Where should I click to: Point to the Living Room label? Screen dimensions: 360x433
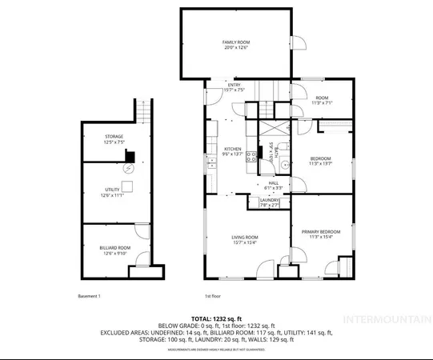(x=245, y=240)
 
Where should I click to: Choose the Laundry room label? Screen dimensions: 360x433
(x=269, y=202)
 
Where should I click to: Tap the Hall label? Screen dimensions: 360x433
(x=273, y=186)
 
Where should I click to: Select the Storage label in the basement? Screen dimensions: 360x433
(x=114, y=139)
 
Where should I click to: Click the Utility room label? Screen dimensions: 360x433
(x=113, y=192)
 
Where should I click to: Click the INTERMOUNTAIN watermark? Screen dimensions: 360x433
(x=387, y=320)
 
